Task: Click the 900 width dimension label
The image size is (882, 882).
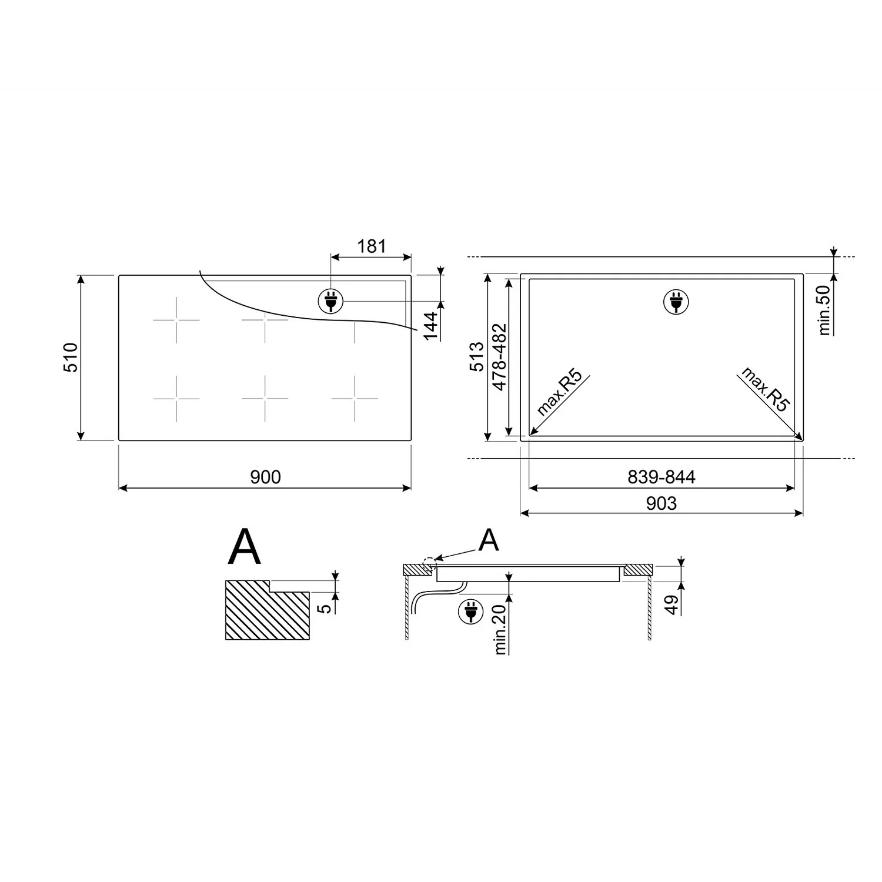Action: click(265, 477)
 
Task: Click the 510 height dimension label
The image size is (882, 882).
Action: click(71, 357)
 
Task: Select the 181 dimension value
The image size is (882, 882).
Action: click(371, 246)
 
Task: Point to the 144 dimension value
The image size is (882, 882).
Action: click(432, 326)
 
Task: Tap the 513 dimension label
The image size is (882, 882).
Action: click(477, 356)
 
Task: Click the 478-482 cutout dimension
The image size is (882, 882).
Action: click(499, 357)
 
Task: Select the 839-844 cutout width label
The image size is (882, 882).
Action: click(661, 477)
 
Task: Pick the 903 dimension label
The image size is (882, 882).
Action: click(661, 503)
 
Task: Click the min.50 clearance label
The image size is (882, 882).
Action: click(825, 310)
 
